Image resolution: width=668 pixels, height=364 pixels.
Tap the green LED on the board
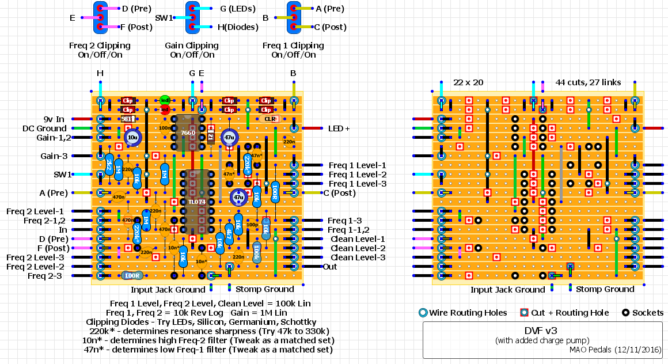165,100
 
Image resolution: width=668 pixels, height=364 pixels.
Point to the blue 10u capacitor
132,138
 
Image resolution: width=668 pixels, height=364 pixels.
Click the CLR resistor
270,119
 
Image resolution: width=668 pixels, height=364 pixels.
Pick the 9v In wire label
52,119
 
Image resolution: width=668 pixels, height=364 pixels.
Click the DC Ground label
44,128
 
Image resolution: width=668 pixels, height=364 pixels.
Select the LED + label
339,128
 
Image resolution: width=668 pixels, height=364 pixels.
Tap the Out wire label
330,267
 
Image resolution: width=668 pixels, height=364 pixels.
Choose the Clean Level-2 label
357,248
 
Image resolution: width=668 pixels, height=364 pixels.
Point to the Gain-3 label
54,156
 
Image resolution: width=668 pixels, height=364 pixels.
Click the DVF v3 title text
541,331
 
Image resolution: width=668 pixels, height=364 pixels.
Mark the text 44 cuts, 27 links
588,82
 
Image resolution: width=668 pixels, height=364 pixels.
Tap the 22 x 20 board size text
468,82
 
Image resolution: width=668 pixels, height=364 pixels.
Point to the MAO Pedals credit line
615,350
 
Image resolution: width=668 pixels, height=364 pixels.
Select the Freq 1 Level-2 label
358,175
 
